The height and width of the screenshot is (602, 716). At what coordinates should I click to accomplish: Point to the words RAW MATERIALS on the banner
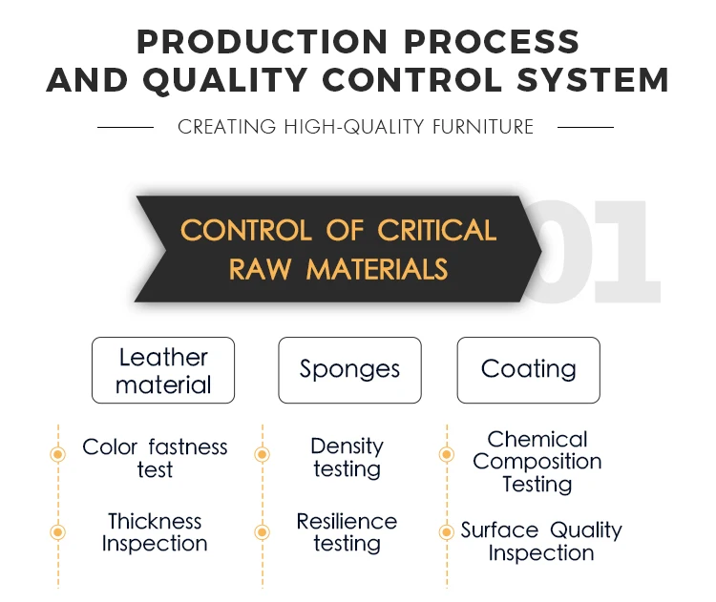coord(338,270)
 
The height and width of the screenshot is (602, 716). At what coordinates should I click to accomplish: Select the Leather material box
coord(163,370)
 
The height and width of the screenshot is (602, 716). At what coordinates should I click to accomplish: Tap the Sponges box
coord(349,369)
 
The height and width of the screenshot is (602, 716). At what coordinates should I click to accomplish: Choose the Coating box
coord(528,369)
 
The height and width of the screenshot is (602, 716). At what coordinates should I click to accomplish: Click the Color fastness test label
coord(155,458)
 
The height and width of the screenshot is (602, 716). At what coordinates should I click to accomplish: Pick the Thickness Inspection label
coord(155,532)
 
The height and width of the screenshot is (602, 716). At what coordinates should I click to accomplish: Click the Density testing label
coord(347,458)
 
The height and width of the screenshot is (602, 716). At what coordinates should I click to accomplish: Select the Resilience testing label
coord(347,532)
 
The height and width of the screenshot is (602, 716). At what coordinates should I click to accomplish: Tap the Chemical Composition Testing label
coord(537,462)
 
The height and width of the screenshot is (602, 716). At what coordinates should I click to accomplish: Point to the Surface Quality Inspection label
coord(540,541)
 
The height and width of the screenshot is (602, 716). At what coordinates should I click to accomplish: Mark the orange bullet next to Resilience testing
coord(262,531)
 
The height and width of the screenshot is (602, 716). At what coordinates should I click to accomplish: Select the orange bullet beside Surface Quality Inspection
coord(445,531)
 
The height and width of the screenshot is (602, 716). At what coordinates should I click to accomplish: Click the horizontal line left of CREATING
coord(125,127)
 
